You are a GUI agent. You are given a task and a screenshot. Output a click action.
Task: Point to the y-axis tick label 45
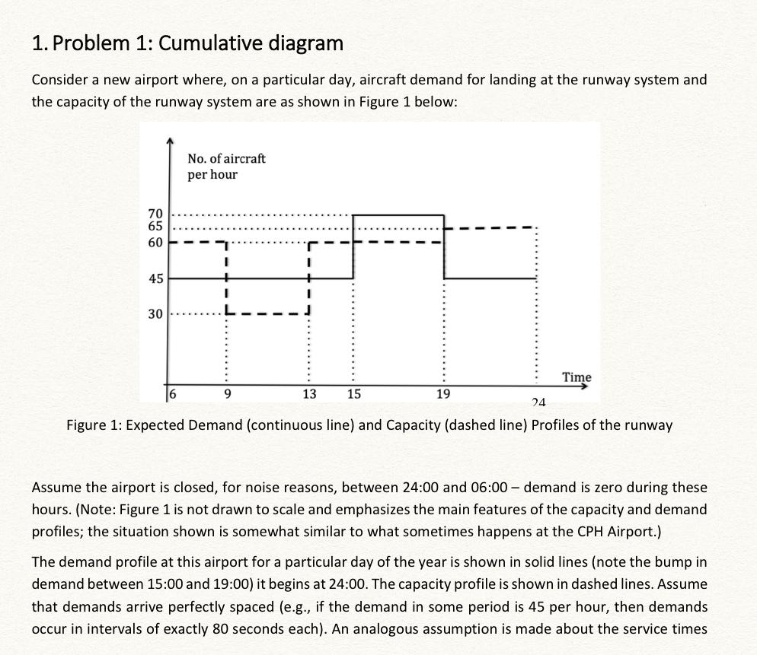coord(155,279)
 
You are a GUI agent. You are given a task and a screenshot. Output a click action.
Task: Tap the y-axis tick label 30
coord(155,313)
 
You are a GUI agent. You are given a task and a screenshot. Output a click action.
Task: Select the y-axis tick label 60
coord(155,243)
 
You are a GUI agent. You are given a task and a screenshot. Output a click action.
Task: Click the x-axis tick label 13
coord(308,394)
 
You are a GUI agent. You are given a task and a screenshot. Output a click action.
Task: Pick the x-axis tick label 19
coord(443,394)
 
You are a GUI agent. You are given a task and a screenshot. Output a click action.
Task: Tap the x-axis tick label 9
coord(228,394)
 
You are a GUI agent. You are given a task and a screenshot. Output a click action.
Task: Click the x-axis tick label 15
coord(354,394)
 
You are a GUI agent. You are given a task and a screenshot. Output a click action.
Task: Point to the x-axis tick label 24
coord(538,402)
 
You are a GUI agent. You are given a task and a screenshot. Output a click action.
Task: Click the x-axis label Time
coord(576,377)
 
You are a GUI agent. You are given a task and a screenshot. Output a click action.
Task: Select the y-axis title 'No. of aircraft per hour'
coord(227,167)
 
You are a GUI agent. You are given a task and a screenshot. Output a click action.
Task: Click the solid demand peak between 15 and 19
coord(398,215)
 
